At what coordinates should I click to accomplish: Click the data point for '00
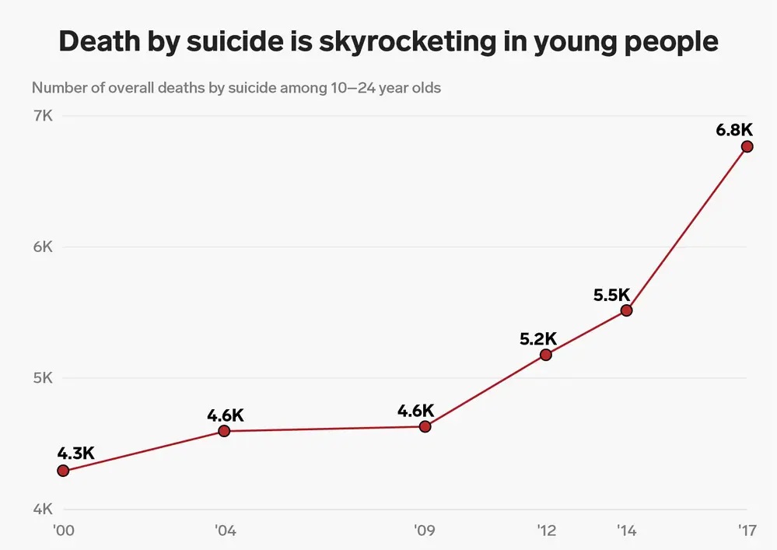[x=63, y=471]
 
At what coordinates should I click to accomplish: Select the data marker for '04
[x=224, y=431]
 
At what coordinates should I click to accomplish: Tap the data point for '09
[x=425, y=426]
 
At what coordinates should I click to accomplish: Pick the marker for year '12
[x=545, y=355]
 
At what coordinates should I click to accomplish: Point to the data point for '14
[x=627, y=310]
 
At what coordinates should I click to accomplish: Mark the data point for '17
[x=747, y=146]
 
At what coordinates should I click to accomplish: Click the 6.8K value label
[x=735, y=130]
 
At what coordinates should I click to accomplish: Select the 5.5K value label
[x=611, y=295]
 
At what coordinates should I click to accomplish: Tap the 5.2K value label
[x=538, y=338]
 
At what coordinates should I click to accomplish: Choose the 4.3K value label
[x=75, y=453]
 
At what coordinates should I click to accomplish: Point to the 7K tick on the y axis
[x=42, y=116]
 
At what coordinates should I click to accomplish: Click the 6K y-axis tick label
[x=42, y=247]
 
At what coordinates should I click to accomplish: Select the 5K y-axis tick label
[x=42, y=379]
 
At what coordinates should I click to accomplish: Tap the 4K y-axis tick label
[x=42, y=510]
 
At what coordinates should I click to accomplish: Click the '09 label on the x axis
[x=424, y=531]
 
